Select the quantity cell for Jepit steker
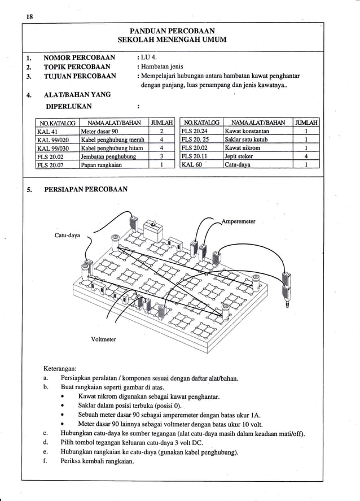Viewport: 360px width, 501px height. pos(305,156)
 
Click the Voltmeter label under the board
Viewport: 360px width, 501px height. pos(104,339)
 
